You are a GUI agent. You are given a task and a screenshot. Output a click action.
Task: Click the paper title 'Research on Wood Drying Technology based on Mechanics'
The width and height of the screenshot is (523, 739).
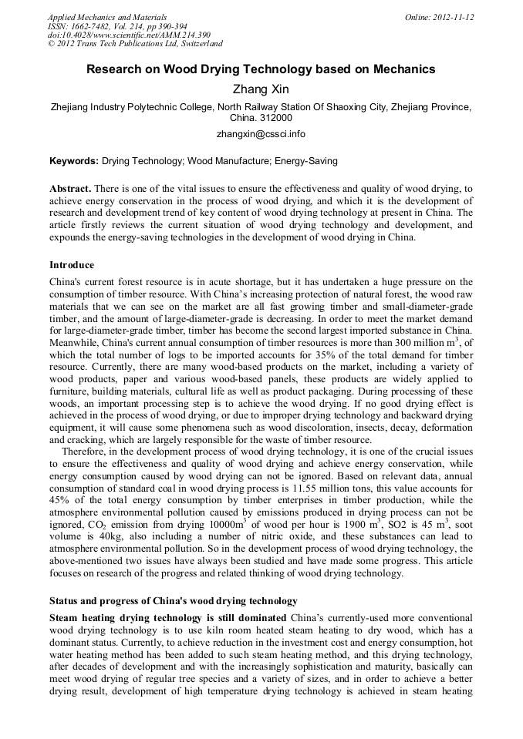[261, 69]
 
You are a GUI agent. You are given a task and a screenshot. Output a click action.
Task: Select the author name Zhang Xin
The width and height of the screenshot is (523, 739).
[261, 89]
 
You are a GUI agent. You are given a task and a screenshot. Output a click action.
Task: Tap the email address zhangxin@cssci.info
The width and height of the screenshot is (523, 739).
[261, 133]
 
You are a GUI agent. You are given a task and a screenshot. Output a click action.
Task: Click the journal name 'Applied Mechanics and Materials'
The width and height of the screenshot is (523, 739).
[107, 17]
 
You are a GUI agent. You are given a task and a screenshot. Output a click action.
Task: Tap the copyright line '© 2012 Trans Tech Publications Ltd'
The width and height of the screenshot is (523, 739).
[135, 44]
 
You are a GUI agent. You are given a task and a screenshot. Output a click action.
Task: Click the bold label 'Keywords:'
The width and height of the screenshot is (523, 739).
[74, 162]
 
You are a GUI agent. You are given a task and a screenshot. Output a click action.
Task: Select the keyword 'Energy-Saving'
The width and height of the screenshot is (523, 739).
[306, 162]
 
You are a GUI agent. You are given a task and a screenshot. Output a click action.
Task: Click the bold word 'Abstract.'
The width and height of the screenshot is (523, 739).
[71, 189]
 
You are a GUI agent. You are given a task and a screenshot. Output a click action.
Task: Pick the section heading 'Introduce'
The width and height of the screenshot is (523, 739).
[72, 265]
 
